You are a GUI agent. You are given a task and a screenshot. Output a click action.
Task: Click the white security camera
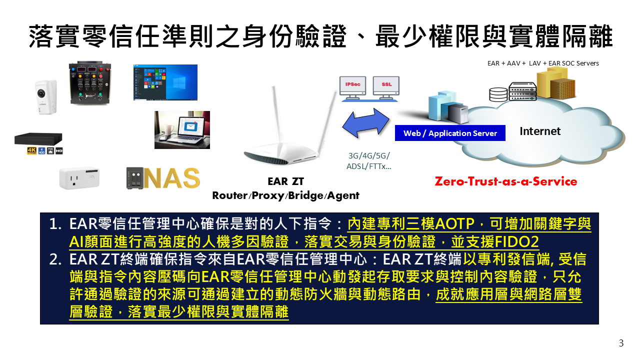tap(46, 97)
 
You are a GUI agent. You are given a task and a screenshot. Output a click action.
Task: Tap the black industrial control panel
tap(90, 83)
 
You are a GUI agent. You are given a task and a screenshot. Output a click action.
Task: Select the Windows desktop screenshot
tap(165, 82)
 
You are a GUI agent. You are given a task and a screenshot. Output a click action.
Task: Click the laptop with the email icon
tap(182, 130)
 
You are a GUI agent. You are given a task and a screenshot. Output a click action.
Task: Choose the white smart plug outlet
tap(79, 178)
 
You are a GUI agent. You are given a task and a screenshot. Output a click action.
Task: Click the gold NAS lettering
tap(172, 178)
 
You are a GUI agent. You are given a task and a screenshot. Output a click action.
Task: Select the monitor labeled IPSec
tap(353, 87)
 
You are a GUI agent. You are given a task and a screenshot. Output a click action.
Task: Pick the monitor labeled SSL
tap(386, 87)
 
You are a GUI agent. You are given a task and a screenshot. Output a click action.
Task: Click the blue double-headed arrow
tap(365, 123)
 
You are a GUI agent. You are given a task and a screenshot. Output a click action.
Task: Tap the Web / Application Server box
tap(450, 133)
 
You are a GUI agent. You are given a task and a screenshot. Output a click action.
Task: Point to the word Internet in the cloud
tap(540, 131)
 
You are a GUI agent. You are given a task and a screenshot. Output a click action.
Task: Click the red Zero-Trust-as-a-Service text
tap(505, 181)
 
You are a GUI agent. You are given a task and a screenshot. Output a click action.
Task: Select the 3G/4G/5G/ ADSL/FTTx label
tap(369, 161)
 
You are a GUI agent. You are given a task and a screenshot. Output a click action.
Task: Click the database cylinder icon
tap(498, 94)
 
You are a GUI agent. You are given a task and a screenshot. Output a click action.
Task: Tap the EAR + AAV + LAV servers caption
tap(543, 63)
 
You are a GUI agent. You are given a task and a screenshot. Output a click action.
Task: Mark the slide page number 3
tap(621, 343)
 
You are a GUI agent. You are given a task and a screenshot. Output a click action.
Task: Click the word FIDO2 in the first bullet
tap(516, 241)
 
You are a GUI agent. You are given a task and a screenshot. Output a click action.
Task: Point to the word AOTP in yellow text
tap(455, 223)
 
